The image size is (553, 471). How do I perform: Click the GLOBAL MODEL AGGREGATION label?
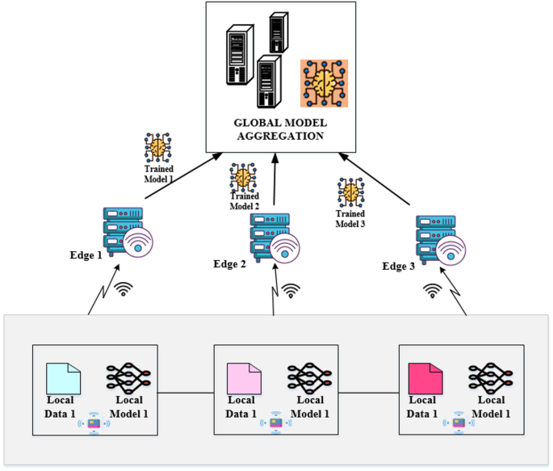tap(279, 129)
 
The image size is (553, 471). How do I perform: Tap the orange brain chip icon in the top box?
tap(323, 82)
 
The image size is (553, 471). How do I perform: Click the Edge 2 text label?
tap(229, 264)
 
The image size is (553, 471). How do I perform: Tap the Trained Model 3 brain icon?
tap(351, 192)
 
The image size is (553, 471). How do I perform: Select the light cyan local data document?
tap(63, 378)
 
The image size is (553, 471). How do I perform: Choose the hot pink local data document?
tap(425, 378)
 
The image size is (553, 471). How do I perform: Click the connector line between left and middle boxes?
tap(185, 393)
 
